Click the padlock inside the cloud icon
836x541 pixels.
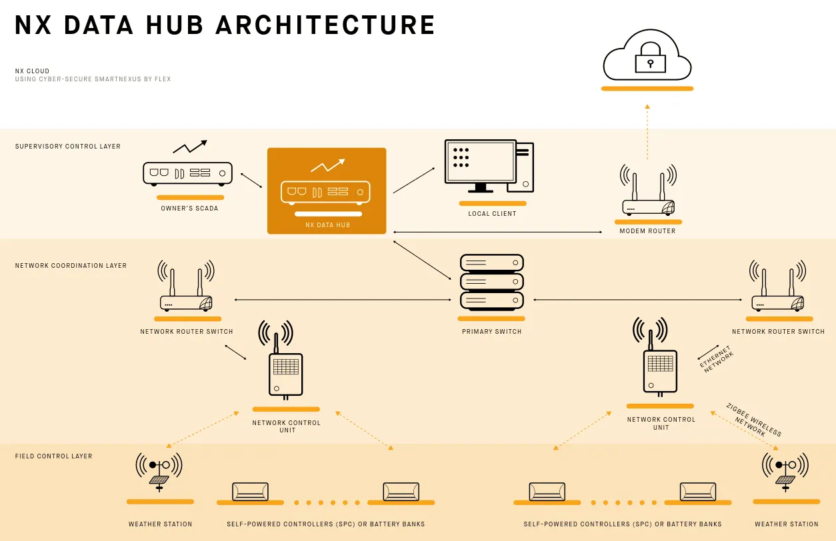650,61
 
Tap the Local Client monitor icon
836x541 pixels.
481,164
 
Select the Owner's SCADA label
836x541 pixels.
189,209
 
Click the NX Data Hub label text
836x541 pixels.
327,225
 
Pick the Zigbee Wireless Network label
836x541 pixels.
753,420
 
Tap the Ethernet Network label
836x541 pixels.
716,359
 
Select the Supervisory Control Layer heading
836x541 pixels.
68,147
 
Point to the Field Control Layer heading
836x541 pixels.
53,456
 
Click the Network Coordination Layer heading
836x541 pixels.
71,266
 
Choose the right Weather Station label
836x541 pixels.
786,524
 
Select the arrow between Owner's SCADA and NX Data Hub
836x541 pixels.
251,181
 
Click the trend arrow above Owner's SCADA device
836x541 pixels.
190,147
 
